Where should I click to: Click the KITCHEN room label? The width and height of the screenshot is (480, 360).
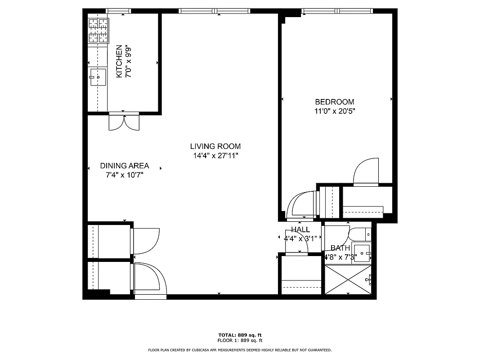[119, 61]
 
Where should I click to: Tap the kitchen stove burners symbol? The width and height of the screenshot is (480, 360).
[99, 31]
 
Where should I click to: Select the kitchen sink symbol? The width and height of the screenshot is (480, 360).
[98, 77]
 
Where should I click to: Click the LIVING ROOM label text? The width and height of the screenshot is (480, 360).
[215, 146]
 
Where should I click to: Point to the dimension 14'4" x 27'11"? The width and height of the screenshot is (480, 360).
[215, 156]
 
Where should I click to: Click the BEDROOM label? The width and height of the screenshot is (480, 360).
[334, 102]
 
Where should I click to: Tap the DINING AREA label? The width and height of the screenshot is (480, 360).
[124, 166]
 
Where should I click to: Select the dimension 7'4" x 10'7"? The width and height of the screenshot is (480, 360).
[124, 175]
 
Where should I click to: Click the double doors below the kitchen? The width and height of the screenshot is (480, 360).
[124, 122]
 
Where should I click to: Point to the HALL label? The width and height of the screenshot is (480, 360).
[300, 229]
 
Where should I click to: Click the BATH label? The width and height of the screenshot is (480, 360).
[340, 248]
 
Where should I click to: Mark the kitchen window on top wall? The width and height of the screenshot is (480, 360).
[118, 11]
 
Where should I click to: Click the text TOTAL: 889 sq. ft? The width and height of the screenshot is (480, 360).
[240, 335]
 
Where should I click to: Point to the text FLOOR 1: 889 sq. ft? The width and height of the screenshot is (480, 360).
[240, 340]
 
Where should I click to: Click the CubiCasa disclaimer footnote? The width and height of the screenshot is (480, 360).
[240, 350]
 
